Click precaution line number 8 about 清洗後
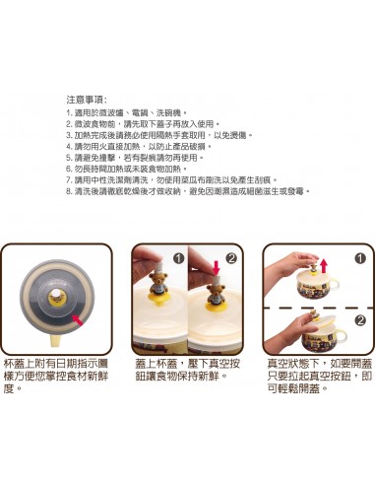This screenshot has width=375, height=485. pyautogui.click(x=187, y=191)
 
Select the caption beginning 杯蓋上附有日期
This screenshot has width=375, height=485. pyautogui.click(x=59, y=376)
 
